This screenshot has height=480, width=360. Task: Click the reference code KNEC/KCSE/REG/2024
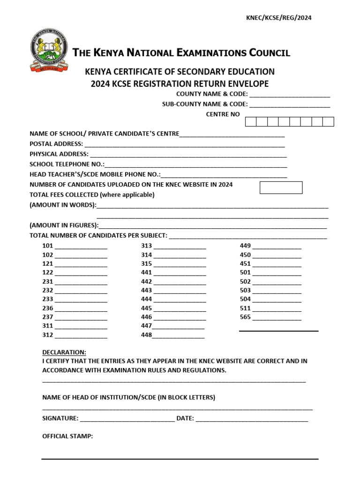point(279,18)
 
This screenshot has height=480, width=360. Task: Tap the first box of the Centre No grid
point(251,122)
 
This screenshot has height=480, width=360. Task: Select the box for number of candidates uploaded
point(281,187)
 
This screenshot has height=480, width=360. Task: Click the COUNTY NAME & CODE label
point(212,94)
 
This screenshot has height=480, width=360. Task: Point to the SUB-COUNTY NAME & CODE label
point(205,104)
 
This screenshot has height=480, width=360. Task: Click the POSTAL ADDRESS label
point(56,144)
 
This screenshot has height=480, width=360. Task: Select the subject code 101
point(48,246)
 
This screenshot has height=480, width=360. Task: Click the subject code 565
point(245,317)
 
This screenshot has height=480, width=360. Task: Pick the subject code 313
point(146,246)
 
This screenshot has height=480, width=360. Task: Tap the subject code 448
point(146,335)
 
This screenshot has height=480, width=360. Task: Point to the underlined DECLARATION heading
point(64,352)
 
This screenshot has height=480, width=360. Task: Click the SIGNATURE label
point(60,418)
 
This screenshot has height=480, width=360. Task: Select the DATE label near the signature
point(185,418)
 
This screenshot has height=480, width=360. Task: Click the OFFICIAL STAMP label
point(67,436)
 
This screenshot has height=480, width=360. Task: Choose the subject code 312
point(48,335)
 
